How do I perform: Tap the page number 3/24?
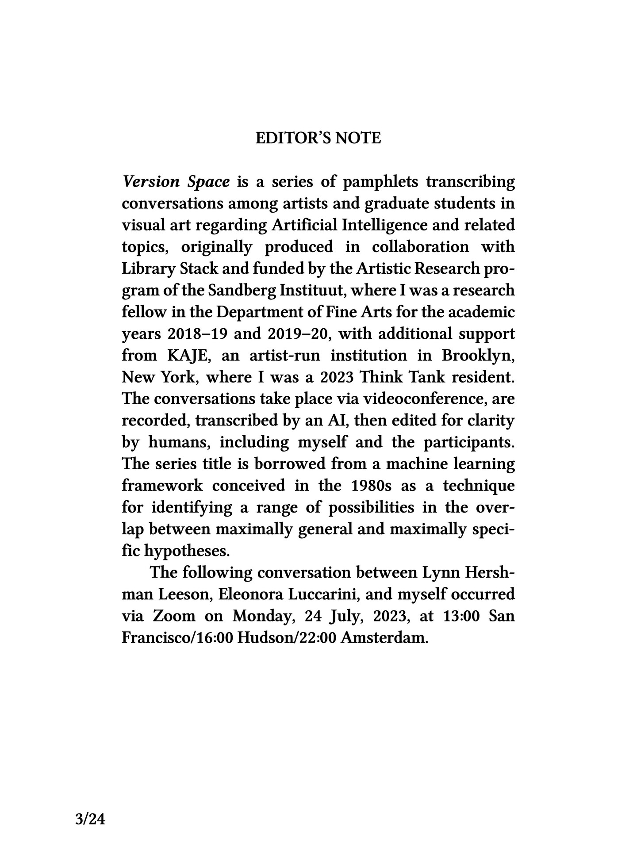tap(90, 820)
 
